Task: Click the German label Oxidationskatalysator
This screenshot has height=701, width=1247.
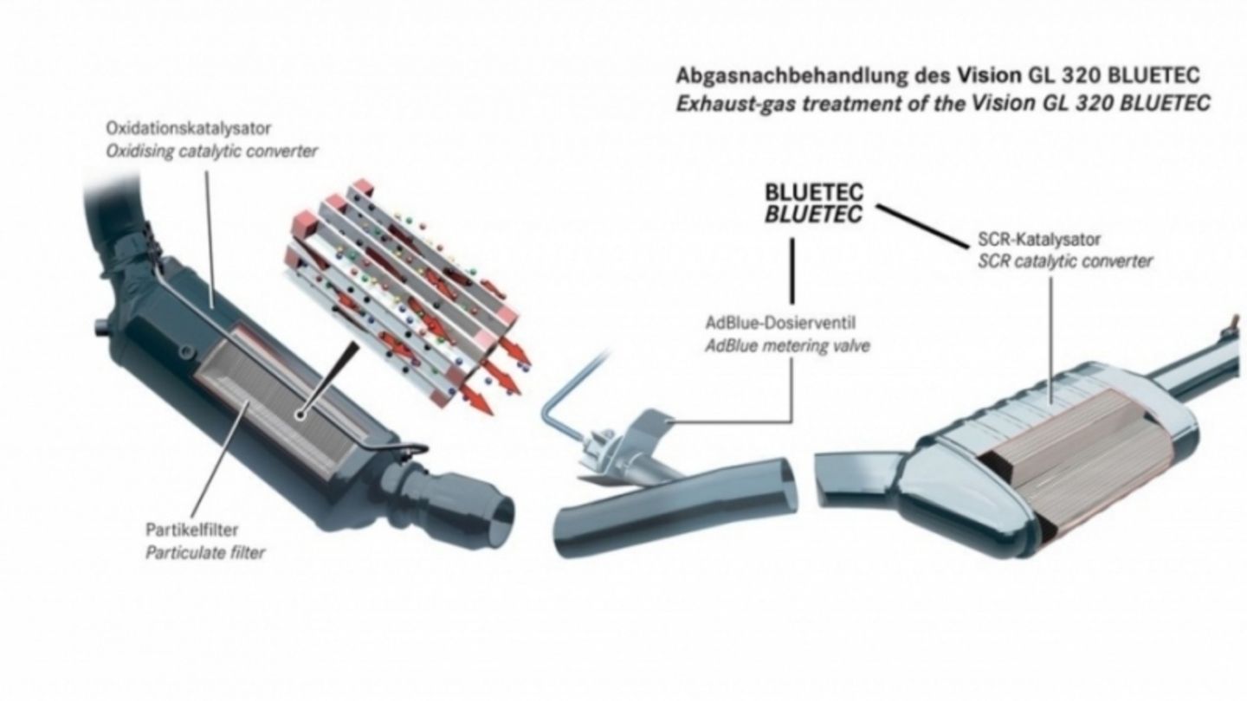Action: (x=188, y=128)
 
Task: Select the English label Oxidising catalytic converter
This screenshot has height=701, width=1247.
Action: (x=211, y=151)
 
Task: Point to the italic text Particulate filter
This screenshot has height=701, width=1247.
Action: (x=205, y=552)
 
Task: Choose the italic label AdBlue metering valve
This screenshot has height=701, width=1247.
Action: (x=787, y=346)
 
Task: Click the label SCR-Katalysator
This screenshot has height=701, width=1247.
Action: (x=1038, y=240)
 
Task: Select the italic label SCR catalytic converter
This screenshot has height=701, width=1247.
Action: (x=1064, y=260)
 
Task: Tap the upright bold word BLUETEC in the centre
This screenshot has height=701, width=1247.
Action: (x=813, y=193)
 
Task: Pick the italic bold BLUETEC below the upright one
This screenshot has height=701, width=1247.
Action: (x=813, y=214)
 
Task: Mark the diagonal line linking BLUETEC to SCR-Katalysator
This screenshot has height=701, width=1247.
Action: (x=923, y=227)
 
